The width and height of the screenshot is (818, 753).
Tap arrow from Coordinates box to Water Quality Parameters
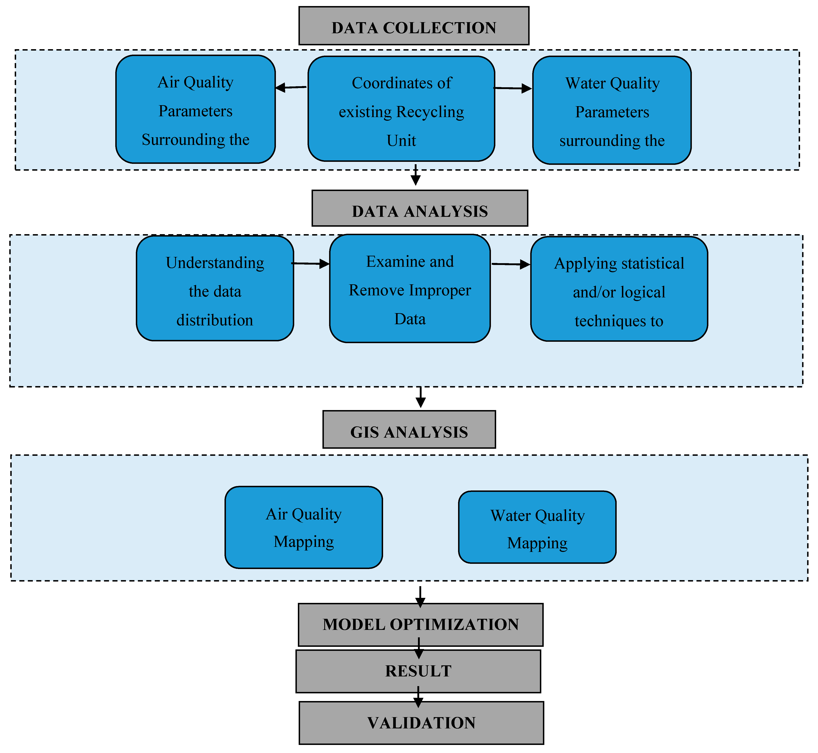point(513,88)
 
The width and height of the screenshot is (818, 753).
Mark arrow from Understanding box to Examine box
point(311,264)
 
